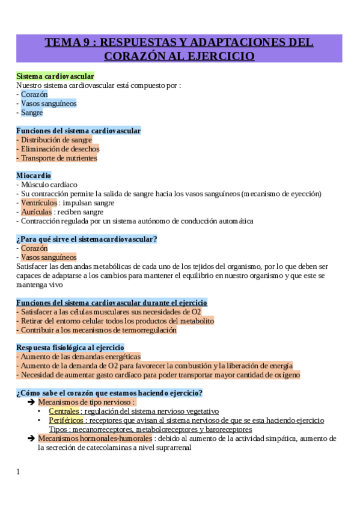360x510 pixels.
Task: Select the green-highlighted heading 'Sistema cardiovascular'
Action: coord(55,76)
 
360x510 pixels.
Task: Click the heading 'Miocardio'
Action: coord(34,175)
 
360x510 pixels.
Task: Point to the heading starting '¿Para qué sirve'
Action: coord(87,239)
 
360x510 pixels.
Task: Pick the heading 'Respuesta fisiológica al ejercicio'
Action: coord(70,347)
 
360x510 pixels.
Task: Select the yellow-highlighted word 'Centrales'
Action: coord(64,411)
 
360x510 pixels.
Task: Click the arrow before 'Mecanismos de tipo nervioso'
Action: coord(31,402)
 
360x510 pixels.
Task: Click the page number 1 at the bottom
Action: coord(19,472)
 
